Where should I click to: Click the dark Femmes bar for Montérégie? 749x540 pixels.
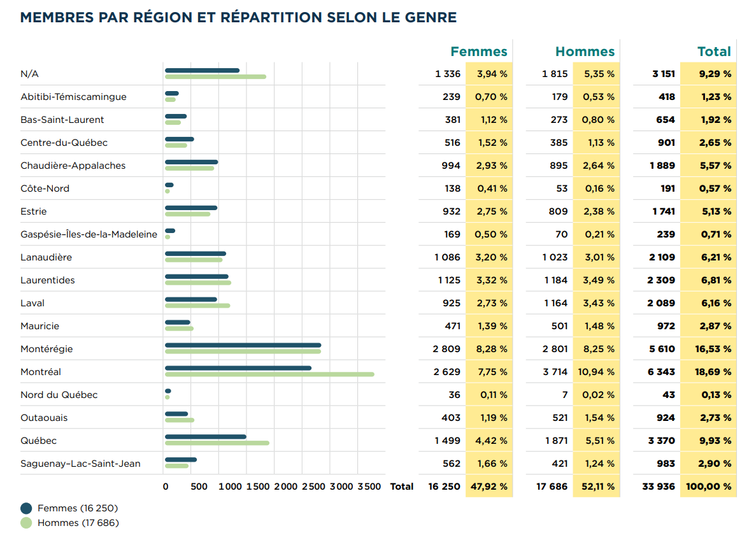243,345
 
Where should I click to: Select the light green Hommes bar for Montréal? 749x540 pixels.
269,374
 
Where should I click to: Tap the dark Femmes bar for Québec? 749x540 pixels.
205,437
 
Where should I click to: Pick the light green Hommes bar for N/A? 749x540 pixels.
215,77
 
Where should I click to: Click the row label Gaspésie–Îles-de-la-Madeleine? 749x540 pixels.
89,234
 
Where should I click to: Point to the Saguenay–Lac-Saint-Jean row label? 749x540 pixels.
80,464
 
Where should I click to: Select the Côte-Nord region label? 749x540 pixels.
45,188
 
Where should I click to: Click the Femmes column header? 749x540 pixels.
478,52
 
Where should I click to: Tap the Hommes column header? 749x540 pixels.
585,52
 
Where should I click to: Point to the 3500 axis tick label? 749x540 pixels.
369,487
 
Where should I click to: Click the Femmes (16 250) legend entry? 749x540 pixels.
77,508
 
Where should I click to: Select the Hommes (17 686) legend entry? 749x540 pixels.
78,523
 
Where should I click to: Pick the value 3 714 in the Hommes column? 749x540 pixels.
555,372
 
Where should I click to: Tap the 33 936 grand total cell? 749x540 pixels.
659,487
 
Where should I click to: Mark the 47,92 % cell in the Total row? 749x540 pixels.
489,487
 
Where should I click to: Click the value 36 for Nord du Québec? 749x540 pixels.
454,395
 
